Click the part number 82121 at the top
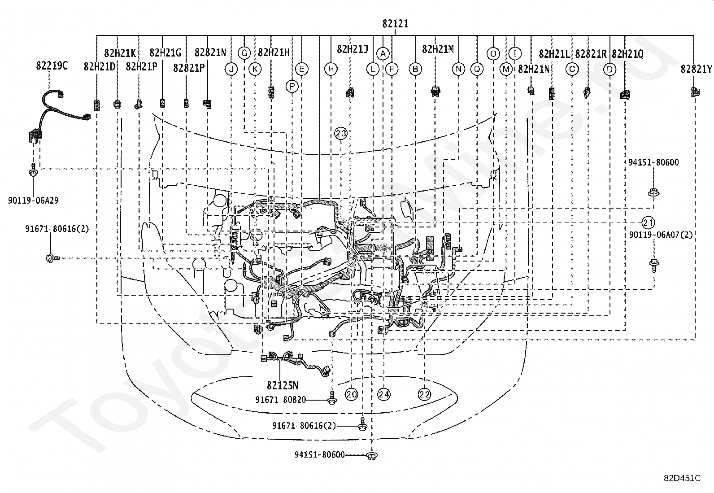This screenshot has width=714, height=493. point(395,24)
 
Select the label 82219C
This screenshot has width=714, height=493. point(52,66)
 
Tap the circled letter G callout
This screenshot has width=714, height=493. point(244,53)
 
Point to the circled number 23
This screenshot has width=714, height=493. point(341,133)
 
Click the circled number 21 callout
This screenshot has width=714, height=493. point(648,223)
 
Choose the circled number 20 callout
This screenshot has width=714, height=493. point(351,394)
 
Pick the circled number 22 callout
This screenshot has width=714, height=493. point(424,394)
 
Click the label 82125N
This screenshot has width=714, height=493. point(283,385)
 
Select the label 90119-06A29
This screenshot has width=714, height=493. point(33,201)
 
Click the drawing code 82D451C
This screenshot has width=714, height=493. point(682,478)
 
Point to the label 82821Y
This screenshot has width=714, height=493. point(696,69)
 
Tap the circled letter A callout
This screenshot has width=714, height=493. point(382,54)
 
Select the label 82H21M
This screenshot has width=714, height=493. point(438,49)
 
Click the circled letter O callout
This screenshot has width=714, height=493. point(493,54)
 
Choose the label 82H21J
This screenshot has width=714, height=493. point(353,49)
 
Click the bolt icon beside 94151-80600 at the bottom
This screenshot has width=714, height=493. point(371,456)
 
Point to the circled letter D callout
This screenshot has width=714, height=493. point(610,70)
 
